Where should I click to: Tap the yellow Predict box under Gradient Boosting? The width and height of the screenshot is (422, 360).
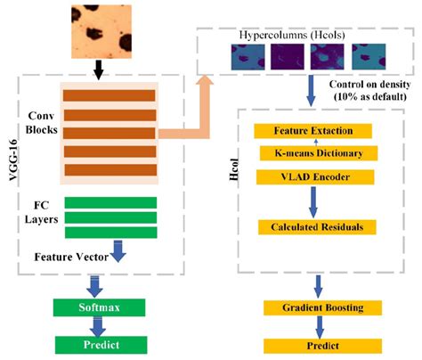(x=311, y=344)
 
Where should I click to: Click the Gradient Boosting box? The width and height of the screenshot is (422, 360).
(x=311, y=307)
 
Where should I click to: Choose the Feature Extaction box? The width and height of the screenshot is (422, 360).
(x=311, y=131)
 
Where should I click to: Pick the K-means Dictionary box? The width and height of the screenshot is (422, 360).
(x=311, y=153)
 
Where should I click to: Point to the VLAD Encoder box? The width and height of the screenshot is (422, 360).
(x=311, y=176)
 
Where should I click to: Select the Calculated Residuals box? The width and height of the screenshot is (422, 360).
(x=311, y=227)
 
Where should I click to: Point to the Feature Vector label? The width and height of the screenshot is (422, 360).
(x=71, y=256)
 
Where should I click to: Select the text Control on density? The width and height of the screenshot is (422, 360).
(x=366, y=85)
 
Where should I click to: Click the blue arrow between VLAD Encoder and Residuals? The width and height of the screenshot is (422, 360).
(x=311, y=201)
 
